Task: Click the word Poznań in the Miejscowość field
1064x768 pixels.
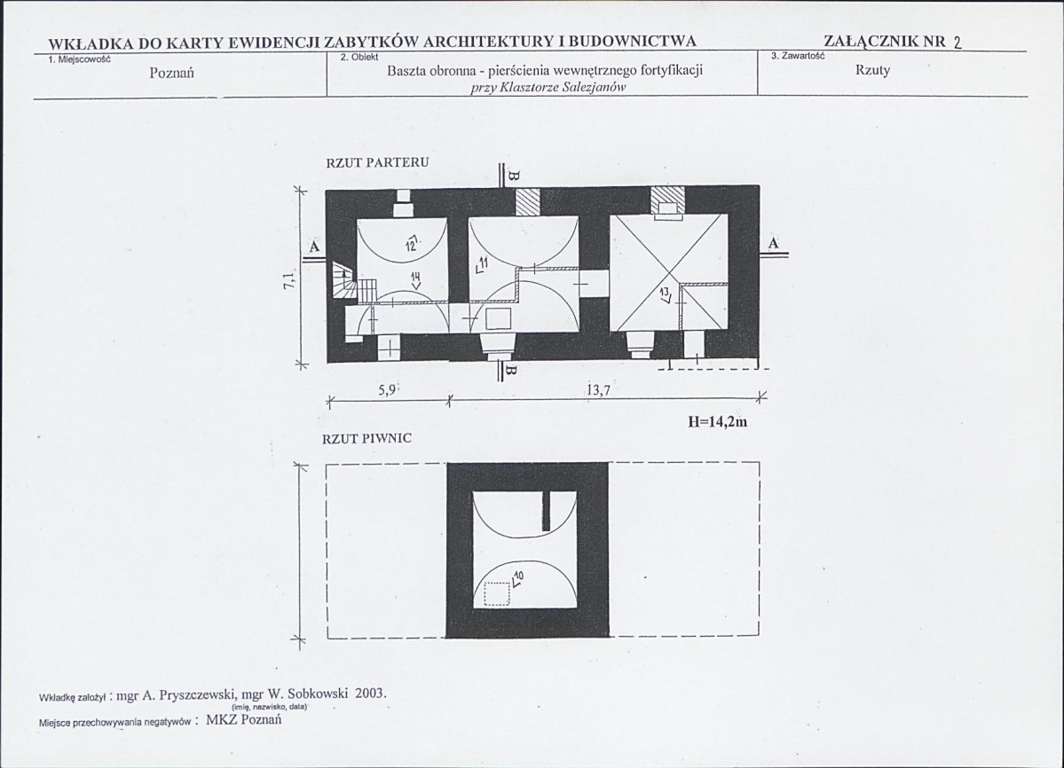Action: point(171,73)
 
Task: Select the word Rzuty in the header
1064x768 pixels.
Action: point(872,70)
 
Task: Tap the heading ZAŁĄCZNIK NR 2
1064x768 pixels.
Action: point(893,42)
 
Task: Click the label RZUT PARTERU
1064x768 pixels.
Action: point(377,162)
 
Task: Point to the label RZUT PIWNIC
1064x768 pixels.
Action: point(366,438)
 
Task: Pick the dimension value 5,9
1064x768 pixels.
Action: point(387,389)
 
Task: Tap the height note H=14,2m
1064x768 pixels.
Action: point(717,421)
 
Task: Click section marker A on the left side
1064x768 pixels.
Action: point(314,247)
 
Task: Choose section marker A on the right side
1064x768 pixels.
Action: point(774,244)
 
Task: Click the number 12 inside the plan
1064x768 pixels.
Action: point(411,244)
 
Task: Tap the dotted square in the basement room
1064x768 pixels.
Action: point(497,594)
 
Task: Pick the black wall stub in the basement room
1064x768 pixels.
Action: point(547,512)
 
